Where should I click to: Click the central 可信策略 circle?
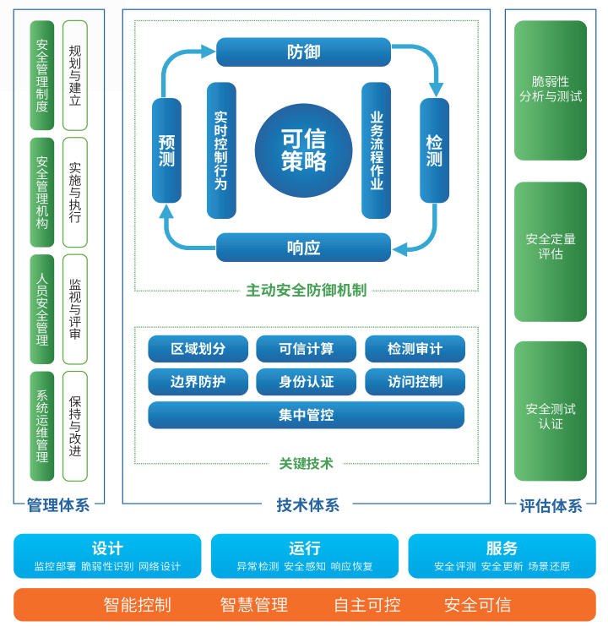click(x=303, y=150)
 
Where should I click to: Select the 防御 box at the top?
click(x=303, y=52)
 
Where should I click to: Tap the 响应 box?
click(x=303, y=248)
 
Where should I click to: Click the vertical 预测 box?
click(x=166, y=150)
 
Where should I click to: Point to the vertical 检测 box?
click(x=434, y=150)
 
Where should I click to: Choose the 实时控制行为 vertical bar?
click(x=221, y=150)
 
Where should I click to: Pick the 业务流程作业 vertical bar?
click(x=376, y=150)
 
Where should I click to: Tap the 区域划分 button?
click(x=198, y=349)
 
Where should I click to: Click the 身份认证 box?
click(x=307, y=382)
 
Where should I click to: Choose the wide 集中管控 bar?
click(x=306, y=415)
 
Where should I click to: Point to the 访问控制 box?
click(x=415, y=382)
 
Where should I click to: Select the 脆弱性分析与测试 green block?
click(x=550, y=90)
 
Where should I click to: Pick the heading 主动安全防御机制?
click(x=306, y=291)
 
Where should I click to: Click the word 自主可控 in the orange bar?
click(x=366, y=605)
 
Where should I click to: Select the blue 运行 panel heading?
click(x=304, y=548)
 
